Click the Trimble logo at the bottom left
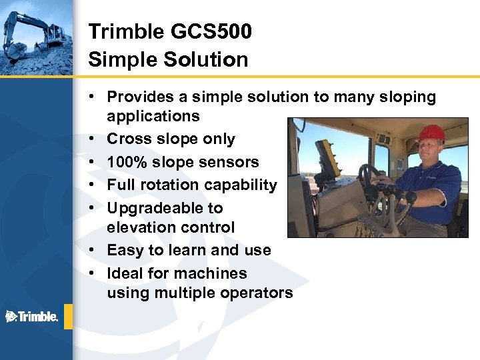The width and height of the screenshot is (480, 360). [x=32, y=316]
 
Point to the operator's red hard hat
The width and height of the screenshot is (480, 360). [x=431, y=133]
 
